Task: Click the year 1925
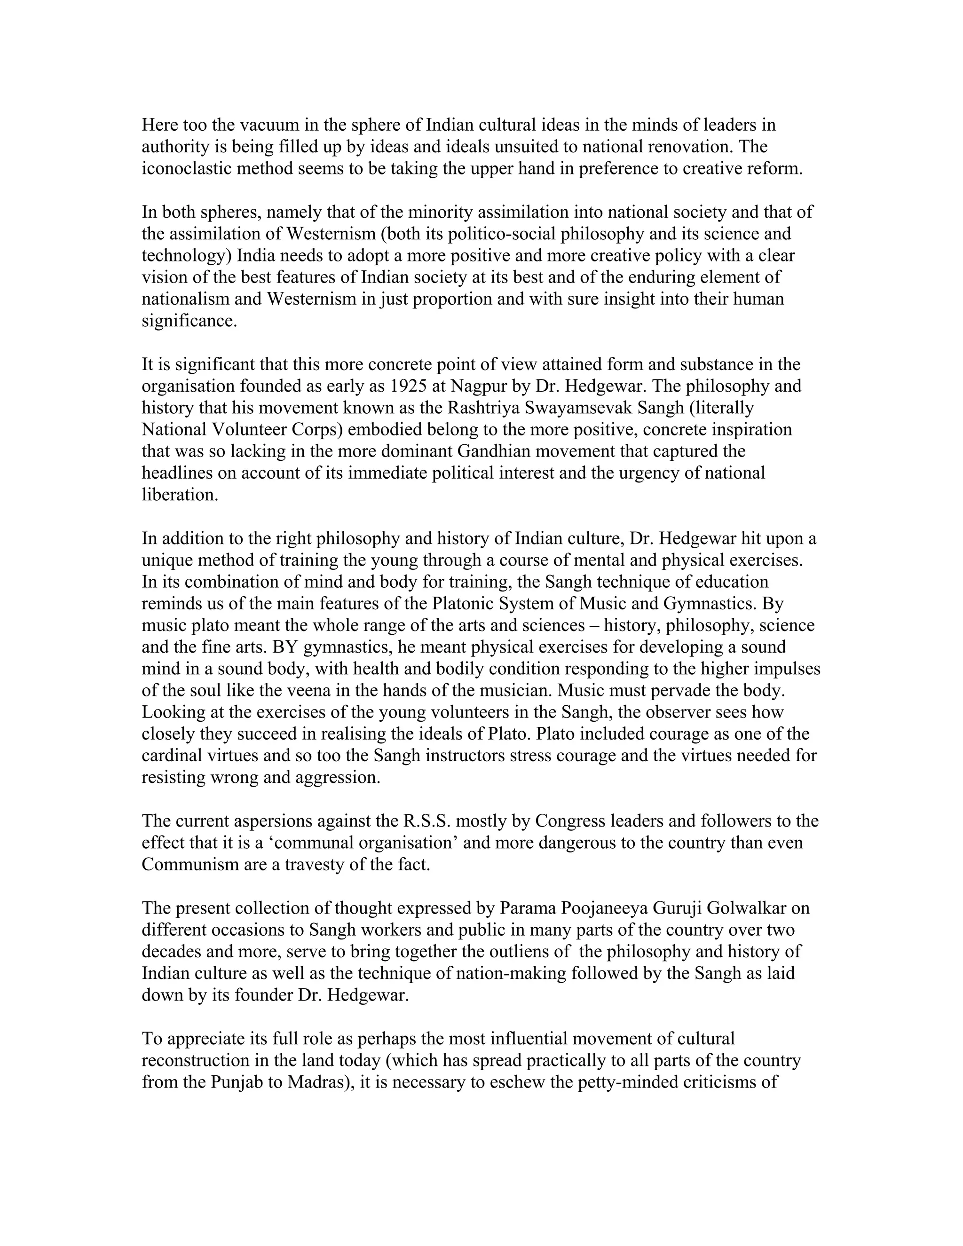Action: (x=409, y=386)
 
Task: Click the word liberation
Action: (x=180, y=495)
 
